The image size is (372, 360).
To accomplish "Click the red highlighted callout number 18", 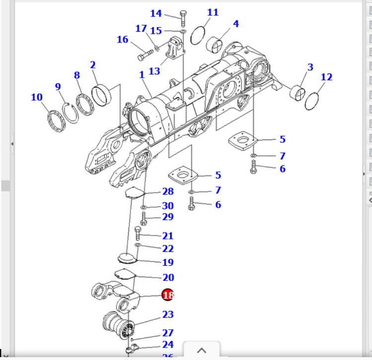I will pyautogui.click(x=168, y=296).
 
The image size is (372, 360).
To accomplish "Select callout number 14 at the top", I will pyautogui.click(x=156, y=13).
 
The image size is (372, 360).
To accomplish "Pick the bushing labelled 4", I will pyautogui.click(x=217, y=45).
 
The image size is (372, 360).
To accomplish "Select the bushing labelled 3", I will pyautogui.click(x=299, y=92).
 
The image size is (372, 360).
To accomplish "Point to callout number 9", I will pyautogui.click(x=58, y=87).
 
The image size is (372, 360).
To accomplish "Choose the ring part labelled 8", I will pyautogui.click(x=85, y=105).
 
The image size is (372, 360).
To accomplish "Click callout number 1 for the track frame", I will pyautogui.click(x=142, y=75).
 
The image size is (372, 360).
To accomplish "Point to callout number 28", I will pyautogui.click(x=168, y=191).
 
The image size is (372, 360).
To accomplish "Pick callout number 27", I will pyautogui.click(x=168, y=333).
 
